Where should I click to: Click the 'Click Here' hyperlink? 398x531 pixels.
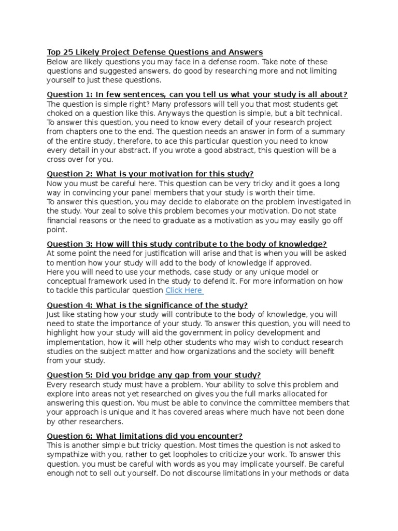click(184, 290)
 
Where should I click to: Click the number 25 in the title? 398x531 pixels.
click(68, 52)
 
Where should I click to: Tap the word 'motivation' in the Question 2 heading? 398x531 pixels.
click(174, 174)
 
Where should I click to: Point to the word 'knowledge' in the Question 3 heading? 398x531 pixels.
click(304, 244)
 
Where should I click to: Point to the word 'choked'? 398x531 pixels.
click(60, 113)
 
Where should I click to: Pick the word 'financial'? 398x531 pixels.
click(64, 220)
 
